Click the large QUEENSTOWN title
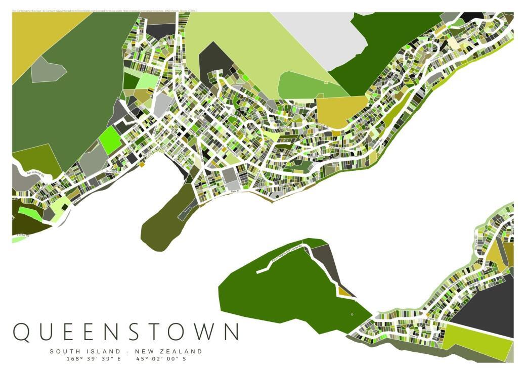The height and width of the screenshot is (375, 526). pyautogui.click(x=125, y=332)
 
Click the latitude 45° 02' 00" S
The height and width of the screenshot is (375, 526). pyautogui.click(x=161, y=359)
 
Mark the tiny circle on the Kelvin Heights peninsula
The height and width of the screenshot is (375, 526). pyautogui.click(x=352, y=314)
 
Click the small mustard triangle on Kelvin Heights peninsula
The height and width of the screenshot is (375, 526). pyautogui.click(x=345, y=292)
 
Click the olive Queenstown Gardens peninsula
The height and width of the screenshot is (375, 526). pyautogui.click(x=164, y=222)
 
